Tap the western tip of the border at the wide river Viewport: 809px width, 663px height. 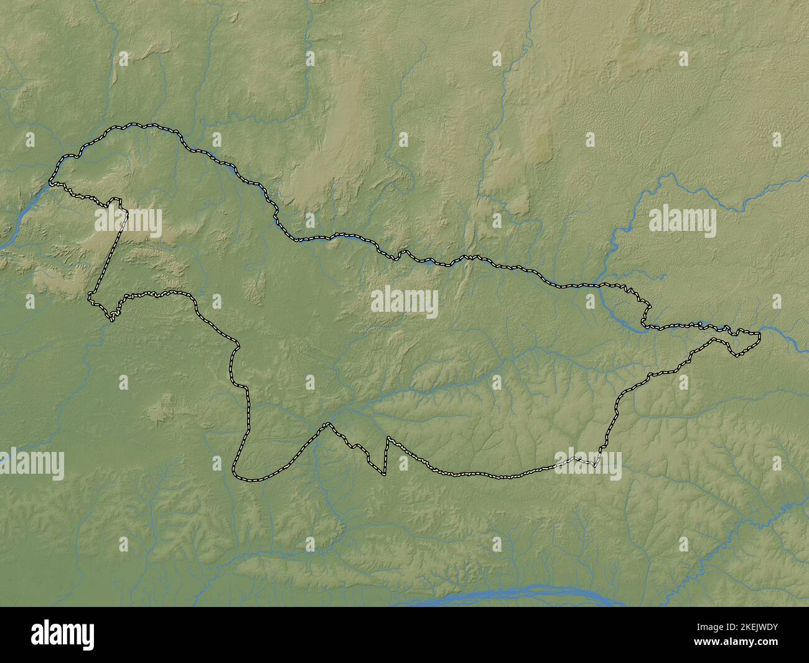coord(51,183)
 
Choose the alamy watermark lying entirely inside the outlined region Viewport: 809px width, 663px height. coord(404,303)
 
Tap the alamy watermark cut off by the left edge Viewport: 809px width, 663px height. coord(31,464)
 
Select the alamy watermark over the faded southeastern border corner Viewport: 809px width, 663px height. coord(588,464)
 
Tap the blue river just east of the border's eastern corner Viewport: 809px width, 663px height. coord(784,339)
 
